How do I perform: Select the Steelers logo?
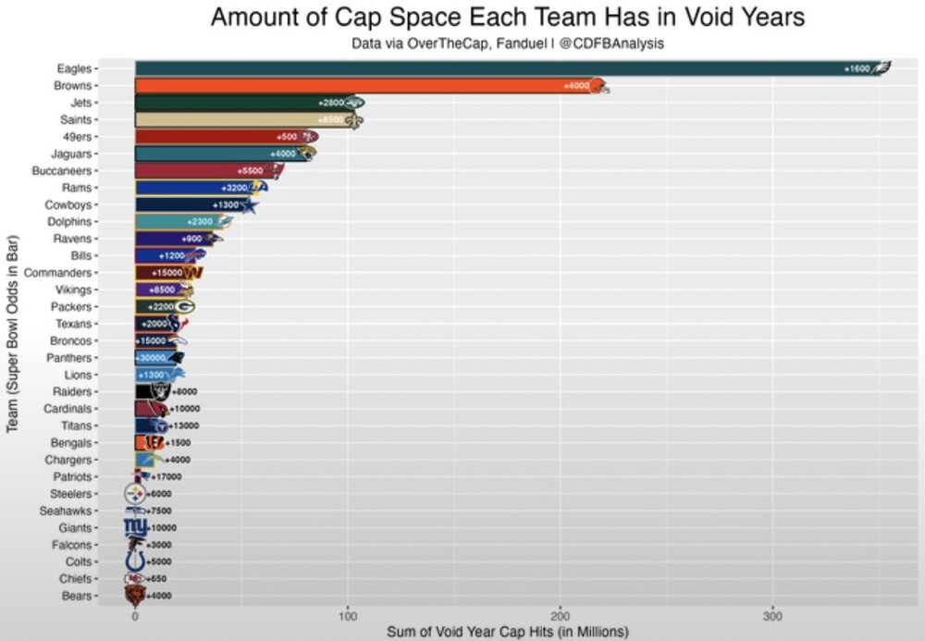pos(136,494)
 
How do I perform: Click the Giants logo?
pos(136,527)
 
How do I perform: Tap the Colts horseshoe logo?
pos(136,561)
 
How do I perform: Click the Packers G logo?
pos(185,306)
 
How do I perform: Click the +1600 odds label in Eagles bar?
pos(857,69)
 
